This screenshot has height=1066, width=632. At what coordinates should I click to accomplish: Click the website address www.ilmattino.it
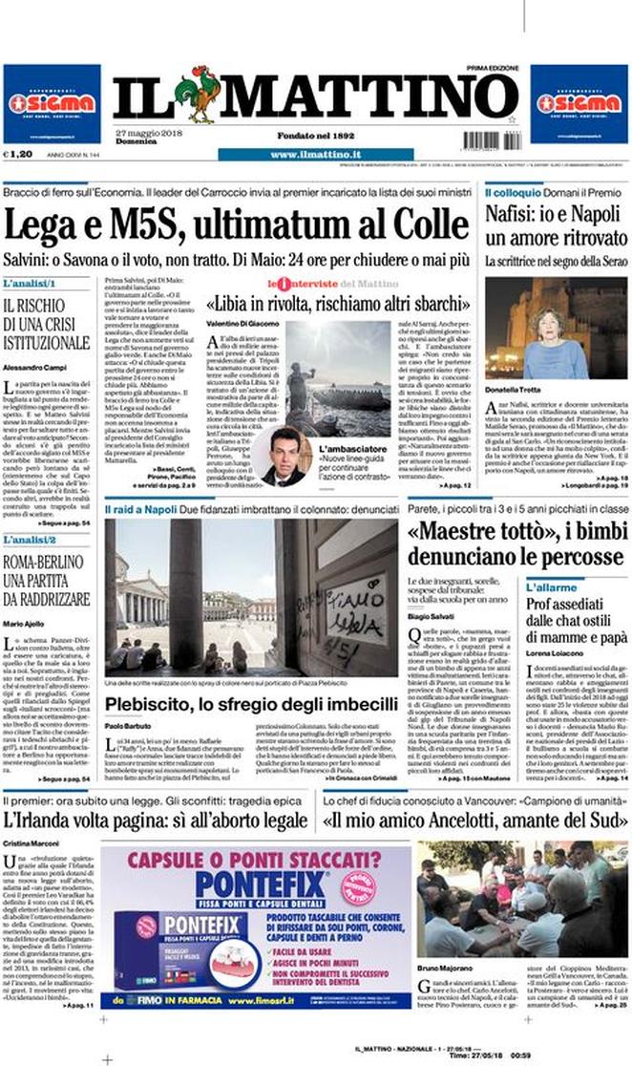pos(314,154)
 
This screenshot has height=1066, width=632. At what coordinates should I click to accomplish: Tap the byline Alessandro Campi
pos(36,367)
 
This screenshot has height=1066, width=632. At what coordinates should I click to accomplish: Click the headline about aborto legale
pos(154,819)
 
